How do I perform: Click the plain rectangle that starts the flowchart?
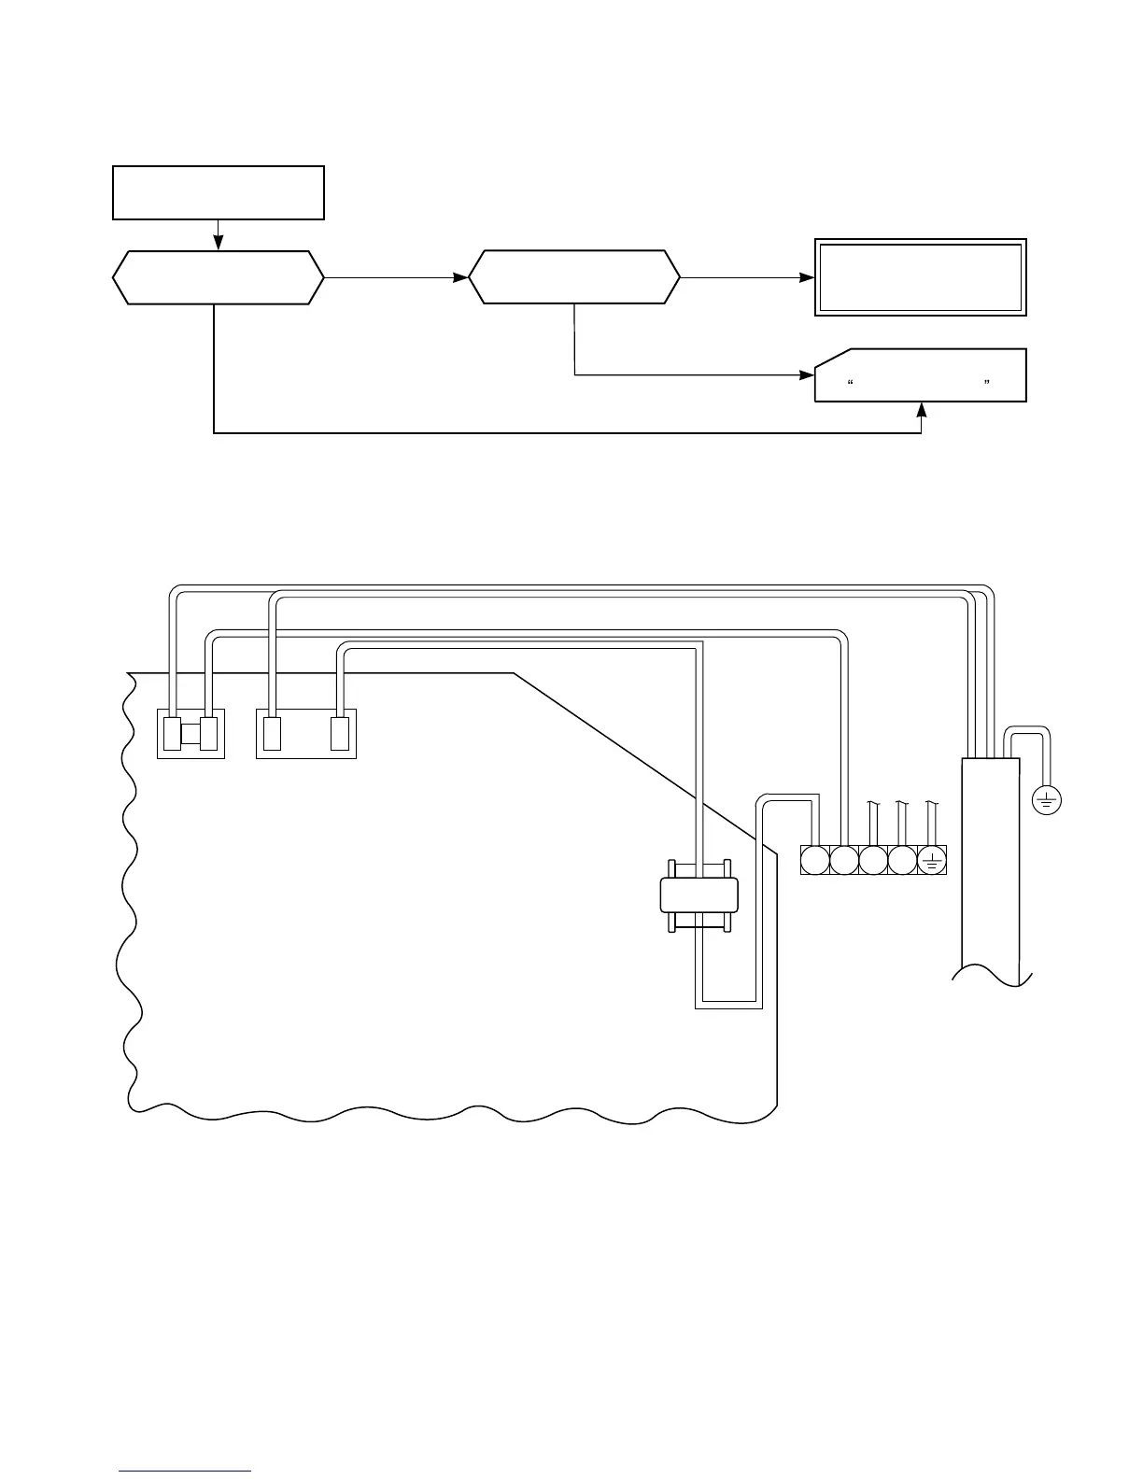coord(219,193)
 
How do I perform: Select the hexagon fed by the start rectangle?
coord(219,277)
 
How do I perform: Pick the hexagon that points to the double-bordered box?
coord(574,277)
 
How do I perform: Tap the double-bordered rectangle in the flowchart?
coord(921,277)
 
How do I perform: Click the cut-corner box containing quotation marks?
coord(921,375)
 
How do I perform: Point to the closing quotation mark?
coord(986,383)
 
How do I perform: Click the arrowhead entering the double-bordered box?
coord(808,277)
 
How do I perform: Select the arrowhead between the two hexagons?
coord(460,277)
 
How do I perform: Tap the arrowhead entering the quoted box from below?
coord(922,409)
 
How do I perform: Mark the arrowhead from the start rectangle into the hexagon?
coord(219,245)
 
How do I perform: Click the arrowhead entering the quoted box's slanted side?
coord(808,375)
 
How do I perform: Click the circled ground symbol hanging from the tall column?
coord(1047,799)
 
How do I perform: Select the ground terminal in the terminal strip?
coord(932,860)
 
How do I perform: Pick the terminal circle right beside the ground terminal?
coord(902,860)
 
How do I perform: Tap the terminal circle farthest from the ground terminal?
coord(815,860)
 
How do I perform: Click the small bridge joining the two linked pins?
coord(190,734)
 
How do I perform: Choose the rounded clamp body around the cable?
coord(698,895)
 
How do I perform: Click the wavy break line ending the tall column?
coord(992,976)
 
